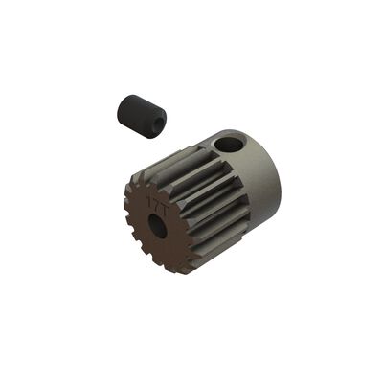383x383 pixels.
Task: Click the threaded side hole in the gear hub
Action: tap(229, 145)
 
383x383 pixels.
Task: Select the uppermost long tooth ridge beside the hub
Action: tap(191, 153)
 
